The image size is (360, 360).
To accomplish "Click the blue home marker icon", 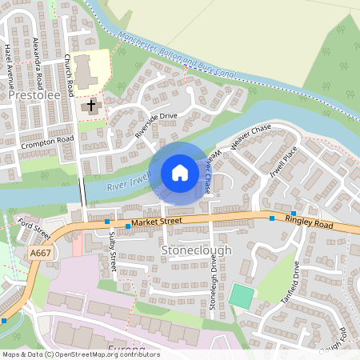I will coord(180,173).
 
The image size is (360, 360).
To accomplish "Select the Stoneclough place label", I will coord(196,250).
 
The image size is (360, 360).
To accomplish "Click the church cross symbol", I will coord(90,105).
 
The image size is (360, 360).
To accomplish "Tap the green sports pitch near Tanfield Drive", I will coord(240,295).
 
